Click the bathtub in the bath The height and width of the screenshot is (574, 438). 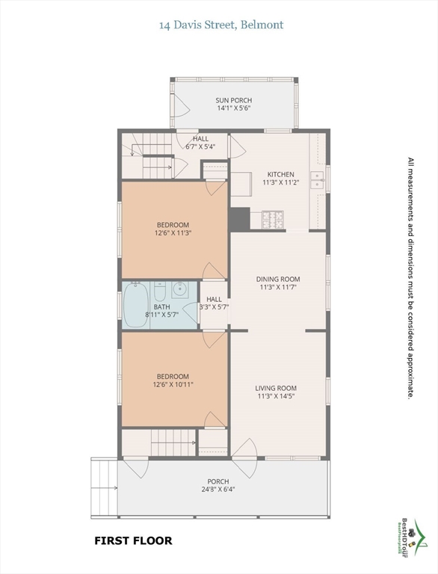click(x=136, y=305)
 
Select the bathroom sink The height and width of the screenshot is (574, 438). click(x=179, y=289)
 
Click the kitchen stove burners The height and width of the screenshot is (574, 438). click(x=273, y=220)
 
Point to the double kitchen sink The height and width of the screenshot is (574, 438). click(x=317, y=179)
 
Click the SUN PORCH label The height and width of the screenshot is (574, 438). click(x=234, y=100)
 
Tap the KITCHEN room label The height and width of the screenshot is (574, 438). click(x=280, y=174)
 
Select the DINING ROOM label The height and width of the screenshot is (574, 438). click(x=278, y=280)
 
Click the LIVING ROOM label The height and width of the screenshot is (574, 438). click(x=276, y=388)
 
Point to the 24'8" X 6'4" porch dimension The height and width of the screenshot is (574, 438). click(x=218, y=490)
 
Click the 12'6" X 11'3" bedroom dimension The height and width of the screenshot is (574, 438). click(x=173, y=232)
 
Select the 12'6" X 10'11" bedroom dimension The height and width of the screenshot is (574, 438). click(x=173, y=384)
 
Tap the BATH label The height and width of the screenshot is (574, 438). click(x=161, y=306)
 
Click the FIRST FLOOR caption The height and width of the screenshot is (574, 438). click(x=133, y=540)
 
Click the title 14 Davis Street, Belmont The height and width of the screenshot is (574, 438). click(x=221, y=25)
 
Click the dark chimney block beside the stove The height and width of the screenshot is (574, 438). click(x=239, y=219)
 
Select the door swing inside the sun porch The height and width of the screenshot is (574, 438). click(x=181, y=105)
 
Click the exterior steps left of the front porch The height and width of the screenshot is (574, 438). click(x=104, y=487)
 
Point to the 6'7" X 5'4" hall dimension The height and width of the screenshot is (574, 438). click(x=200, y=146)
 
